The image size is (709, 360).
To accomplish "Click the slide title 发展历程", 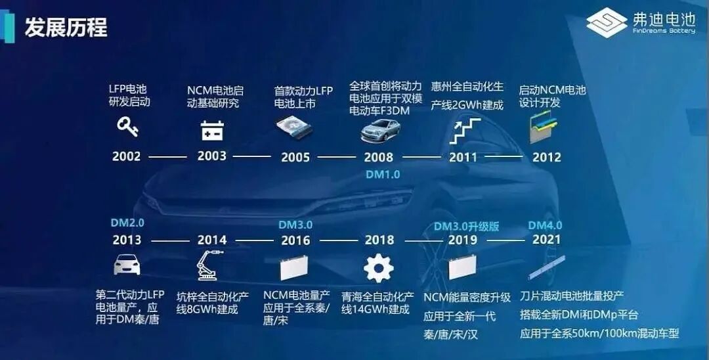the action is click(x=66, y=28).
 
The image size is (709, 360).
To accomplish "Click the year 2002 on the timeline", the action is click(x=127, y=156).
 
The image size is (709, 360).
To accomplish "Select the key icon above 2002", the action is click(x=127, y=126).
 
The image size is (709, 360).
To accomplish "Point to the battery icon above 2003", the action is click(x=212, y=130).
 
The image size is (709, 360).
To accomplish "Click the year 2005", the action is click(x=295, y=158).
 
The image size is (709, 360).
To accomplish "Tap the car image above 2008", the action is click(x=381, y=131).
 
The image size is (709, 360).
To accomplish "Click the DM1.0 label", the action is click(x=383, y=175).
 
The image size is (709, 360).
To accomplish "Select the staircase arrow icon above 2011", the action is click(x=465, y=131).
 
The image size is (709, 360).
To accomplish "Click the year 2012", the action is click(x=547, y=158).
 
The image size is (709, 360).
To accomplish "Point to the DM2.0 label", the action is click(x=127, y=223).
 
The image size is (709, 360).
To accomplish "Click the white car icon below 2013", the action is click(x=127, y=265).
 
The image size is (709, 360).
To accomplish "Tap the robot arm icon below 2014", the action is click(x=210, y=265).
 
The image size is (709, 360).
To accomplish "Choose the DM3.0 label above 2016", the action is click(x=295, y=225).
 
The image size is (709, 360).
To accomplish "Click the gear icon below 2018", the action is click(x=379, y=268).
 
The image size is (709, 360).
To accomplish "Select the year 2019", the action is click(x=463, y=240).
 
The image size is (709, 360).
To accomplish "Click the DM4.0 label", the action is click(x=546, y=225).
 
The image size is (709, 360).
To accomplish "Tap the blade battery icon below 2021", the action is click(x=547, y=268).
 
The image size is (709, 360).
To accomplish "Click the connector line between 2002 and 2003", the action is click(x=168, y=157).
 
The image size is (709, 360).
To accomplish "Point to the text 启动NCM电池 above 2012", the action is click(x=553, y=89).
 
